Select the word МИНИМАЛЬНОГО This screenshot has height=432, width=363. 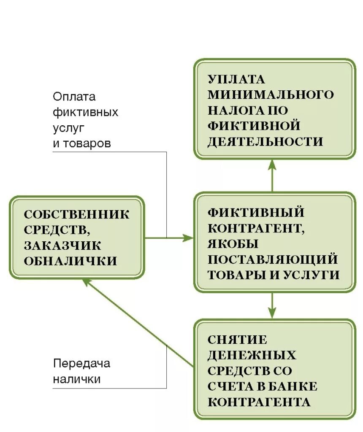click(x=270, y=94)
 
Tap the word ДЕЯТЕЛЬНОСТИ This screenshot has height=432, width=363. click(x=265, y=141)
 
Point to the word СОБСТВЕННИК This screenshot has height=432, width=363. click(x=77, y=214)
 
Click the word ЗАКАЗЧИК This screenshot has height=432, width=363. click(x=62, y=246)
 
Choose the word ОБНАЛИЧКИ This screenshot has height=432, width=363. click(x=70, y=261)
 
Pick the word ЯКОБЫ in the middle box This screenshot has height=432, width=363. click(x=233, y=244)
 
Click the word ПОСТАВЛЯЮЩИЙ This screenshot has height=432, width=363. click(x=273, y=259)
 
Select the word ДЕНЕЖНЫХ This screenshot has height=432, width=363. click(x=252, y=355)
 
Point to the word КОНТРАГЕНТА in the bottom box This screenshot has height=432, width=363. click(x=259, y=402)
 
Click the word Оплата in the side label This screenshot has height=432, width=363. click(x=74, y=97)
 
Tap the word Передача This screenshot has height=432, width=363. click(x=81, y=363)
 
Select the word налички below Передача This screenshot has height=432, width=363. click(x=77, y=379)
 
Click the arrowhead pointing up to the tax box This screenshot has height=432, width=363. click(x=272, y=163)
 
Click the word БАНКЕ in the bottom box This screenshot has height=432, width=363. click(x=295, y=386)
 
